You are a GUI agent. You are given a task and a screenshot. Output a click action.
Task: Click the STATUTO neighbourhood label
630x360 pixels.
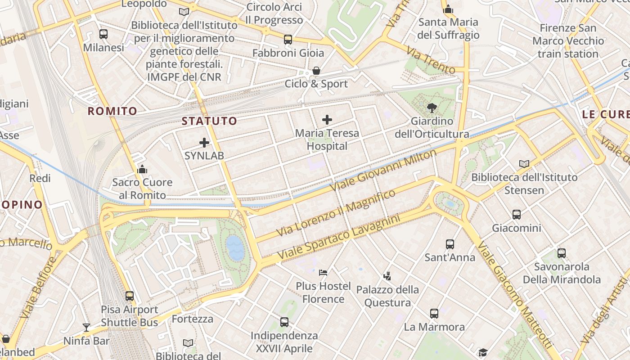point(209,121)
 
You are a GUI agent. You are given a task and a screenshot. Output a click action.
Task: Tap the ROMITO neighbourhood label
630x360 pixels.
point(112,111)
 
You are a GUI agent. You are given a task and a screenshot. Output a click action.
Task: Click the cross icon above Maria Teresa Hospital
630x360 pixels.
point(327,120)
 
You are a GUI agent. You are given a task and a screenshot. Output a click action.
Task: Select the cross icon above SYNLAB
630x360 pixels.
point(204,143)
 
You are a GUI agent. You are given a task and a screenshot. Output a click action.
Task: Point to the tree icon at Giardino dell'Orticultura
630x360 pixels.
point(432,108)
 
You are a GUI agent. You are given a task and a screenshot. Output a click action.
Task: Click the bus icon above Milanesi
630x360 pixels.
point(103,34)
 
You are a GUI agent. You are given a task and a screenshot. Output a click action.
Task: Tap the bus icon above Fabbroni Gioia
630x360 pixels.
point(288,40)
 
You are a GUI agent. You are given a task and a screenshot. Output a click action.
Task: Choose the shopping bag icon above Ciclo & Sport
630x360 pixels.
point(316,71)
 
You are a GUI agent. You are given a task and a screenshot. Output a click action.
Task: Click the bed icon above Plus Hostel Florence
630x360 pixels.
point(323,272)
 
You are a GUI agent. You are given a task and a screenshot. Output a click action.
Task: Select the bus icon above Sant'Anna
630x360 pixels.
point(450,244)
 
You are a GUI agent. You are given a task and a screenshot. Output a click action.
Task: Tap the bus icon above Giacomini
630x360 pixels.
point(516,215)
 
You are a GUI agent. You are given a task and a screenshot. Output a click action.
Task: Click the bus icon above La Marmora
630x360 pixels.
point(434,313)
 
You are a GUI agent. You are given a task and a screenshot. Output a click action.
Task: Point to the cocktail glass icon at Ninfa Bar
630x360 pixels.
point(86,327)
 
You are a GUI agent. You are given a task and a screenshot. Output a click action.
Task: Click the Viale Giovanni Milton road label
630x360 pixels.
point(383,170)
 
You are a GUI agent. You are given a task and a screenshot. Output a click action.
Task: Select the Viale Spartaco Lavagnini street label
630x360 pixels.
point(338,237)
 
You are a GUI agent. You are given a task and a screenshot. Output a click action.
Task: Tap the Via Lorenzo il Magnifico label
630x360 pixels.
point(336,213)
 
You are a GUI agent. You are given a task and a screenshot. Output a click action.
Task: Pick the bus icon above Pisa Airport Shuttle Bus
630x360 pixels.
point(130,296)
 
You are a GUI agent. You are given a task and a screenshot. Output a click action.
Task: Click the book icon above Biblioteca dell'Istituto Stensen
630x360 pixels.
point(524,164)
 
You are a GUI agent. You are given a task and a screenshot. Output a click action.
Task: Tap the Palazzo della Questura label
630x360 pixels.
point(387,296)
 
